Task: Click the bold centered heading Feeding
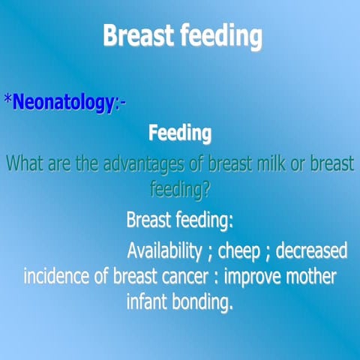pos(180,134)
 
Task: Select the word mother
pos(312,275)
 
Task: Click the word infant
pos(150,303)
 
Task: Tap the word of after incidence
pos(100,275)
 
